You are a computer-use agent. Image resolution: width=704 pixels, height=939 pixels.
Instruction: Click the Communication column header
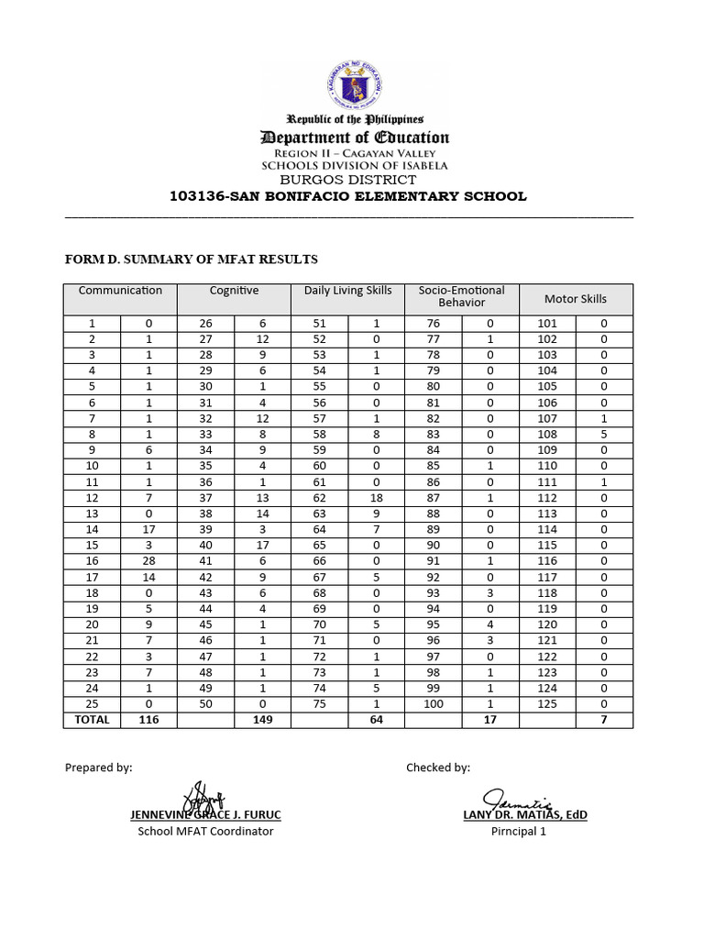(120, 291)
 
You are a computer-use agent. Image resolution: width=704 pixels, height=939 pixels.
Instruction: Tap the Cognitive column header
(234, 291)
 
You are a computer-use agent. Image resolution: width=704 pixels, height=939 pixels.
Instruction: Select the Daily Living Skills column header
(347, 291)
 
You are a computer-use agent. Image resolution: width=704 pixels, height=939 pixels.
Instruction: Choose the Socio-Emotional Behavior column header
(461, 296)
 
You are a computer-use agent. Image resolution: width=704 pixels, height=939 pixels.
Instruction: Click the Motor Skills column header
(575, 299)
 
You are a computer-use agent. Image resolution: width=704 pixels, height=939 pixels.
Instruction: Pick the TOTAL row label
(92, 720)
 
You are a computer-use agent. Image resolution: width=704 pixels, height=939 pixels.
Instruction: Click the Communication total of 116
(148, 720)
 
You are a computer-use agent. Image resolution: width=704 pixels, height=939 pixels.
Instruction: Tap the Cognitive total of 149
(262, 720)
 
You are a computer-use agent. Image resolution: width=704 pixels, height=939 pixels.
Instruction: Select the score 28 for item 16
(148, 560)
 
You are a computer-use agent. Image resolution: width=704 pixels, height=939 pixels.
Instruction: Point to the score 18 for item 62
(376, 498)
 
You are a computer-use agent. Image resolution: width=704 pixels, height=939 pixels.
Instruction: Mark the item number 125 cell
(546, 703)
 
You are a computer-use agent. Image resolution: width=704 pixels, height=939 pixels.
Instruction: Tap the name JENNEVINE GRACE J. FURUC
(205, 814)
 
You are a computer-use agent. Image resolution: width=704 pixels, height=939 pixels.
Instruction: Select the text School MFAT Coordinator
(205, 832)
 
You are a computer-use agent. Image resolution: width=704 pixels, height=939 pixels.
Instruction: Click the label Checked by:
(438, 768)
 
